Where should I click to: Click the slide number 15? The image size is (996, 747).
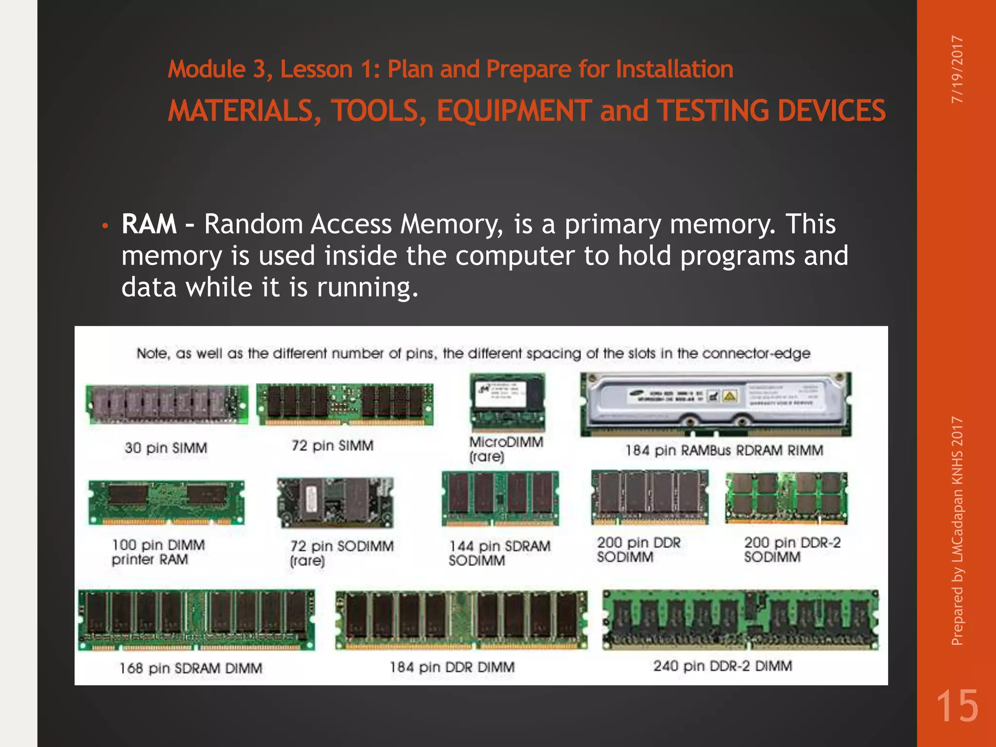tap(957, 706)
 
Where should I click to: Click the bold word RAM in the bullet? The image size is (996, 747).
tap(149, 224)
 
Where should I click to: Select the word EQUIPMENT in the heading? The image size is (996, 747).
tap(514, 111)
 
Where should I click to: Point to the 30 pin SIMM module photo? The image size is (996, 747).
tap(166, 404)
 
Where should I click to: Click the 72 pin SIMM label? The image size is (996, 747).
tap(332, 445)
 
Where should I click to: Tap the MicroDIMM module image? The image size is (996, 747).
tap(508, 402)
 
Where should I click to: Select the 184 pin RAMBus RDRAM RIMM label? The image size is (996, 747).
tap(724, 450)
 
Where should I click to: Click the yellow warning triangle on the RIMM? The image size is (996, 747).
tap(729, 396)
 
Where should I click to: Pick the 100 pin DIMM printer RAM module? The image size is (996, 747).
tap(166, 502)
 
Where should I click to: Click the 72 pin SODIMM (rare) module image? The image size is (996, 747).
tap(335, 503)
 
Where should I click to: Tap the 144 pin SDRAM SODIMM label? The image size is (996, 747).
tap(499, 553)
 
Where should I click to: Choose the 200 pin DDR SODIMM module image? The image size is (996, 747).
tap(649, 497)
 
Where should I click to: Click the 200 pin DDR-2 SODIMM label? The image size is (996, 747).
tap(792, 550)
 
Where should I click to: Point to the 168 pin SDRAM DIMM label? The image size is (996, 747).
tap(191, 668)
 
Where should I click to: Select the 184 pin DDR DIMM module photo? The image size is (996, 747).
tap(461, 620)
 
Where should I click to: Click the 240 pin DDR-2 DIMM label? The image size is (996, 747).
tap(723, 666)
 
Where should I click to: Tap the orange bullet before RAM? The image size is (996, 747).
tap(104, 226)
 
